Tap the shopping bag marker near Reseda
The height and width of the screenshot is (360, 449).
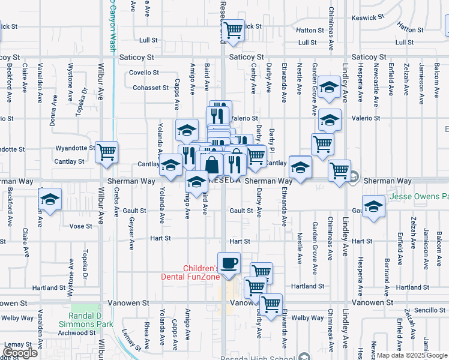[212, 164]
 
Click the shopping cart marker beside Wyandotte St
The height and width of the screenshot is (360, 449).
[106, 152]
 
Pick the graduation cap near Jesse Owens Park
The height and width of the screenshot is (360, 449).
[373, 205]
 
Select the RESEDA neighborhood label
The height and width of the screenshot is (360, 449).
[226, 180]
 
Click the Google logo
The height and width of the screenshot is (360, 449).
[20, 353]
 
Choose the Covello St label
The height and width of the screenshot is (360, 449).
[144, 73]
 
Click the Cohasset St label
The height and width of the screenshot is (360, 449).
[151, 88]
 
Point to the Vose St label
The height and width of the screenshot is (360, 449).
[80, 226]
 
